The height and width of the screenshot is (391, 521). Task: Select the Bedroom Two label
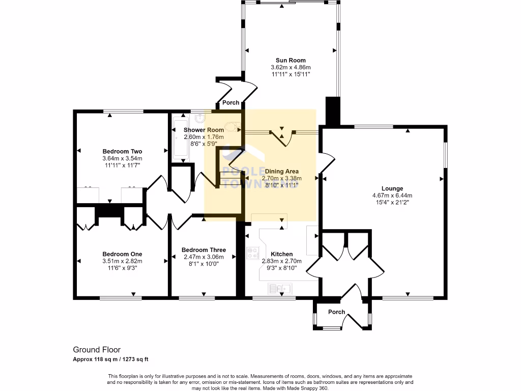point(122,152)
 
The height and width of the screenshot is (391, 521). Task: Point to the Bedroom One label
point(122,254)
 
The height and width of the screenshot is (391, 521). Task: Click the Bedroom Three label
point(204,250)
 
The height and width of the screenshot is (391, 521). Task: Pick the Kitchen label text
point(281,254)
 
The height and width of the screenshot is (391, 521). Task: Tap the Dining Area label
point(281,171)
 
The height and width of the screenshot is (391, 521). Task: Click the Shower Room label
point(204,130)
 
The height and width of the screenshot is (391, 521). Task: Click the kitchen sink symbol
point(280,289)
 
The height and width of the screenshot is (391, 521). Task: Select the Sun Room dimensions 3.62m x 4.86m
point(291,67)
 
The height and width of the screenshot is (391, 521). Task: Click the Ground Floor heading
point(97,350)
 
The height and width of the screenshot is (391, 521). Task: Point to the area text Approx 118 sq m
point(95,359)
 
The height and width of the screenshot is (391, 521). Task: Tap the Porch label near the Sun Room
point(231,102)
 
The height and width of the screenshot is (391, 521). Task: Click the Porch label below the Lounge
point(336,312)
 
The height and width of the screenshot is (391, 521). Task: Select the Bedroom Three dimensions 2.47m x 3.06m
point(204,257)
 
